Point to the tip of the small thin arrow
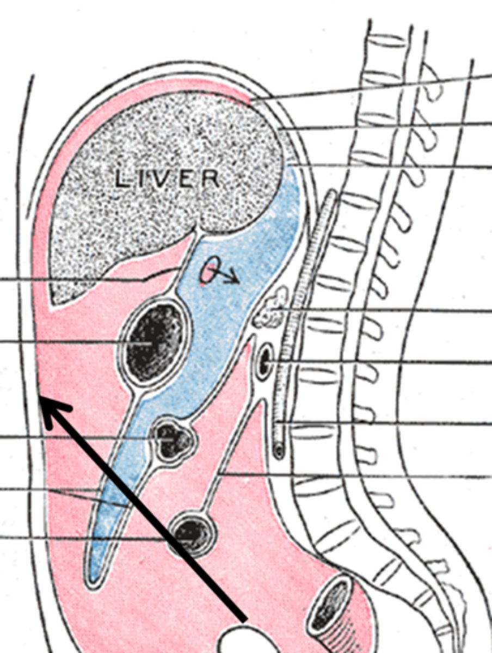coord(239,281)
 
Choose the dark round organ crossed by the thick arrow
coord(191,533)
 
